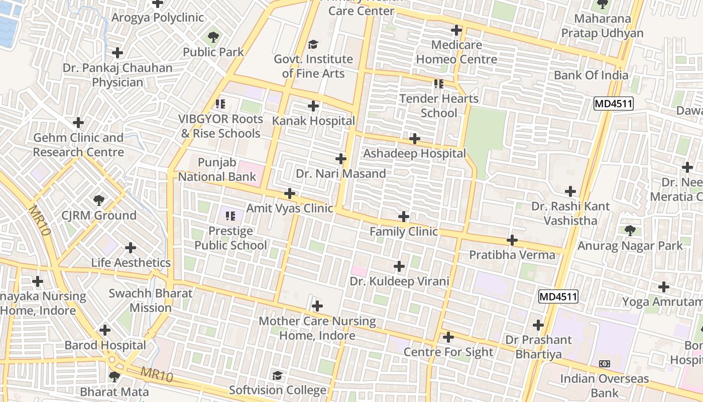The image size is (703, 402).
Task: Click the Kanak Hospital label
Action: pyautogui.click(x=313, y=121)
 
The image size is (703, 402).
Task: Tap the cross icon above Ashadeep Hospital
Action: pyautogui.click(x=415, y=139)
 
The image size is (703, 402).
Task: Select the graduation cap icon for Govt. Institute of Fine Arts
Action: pyautogui.click(x=313, y=45)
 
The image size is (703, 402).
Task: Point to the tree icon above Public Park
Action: pyautogui.click(x=213, y=37)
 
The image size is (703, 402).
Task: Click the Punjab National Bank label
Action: pyautogui.click(x=217, y=170)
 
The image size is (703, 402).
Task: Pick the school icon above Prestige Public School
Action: pyautogui.click(x=230, y=217)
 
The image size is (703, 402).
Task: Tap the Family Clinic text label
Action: pyautogui.click(x=404, y=232)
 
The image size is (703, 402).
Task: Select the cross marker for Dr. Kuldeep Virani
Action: pyautogui.click(x=399, y=266)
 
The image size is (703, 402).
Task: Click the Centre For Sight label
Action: pyautogui.click(x=448, y=352)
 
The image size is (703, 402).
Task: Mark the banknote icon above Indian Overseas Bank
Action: pyautogui.click(x=605, y=364)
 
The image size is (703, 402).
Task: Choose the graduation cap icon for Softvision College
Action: pyautogui.click(x=277, y=375)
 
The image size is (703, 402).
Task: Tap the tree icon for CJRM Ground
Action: pyautogui.click(x=99, y=200)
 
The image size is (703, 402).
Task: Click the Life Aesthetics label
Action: pyautogui.click(x=131, y=263)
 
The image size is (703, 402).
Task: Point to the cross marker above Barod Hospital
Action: pyautogui.click(x=105, y=330)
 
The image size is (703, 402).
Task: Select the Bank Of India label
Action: pyautogui.click(x=591, y=75)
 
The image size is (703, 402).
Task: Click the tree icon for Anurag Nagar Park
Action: pyautogui.click(x=630, y=231)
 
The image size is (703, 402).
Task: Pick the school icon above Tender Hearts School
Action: pyautogui.click(x=439, y=83)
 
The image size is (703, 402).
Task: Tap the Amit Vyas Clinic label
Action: pyautogui.click(x=289, y=209)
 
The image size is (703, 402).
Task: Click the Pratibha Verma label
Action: pyautogui.click(x=512, y=255)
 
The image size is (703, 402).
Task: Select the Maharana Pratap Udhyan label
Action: pyautogui.click(x=602, y=26)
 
